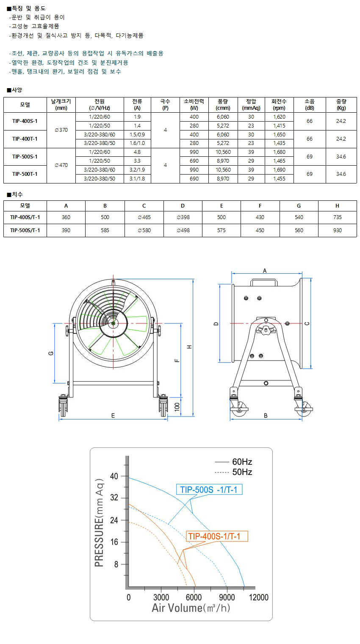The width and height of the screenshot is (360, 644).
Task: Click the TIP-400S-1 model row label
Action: [x=25, y=121]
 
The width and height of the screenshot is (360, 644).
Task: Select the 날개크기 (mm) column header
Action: [x=61, y=105]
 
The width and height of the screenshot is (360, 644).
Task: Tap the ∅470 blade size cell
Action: [x=61, y=165]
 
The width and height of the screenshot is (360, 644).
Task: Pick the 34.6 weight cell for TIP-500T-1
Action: [x=341, y=174]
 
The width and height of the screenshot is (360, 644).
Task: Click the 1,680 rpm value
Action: [x=279, y=152]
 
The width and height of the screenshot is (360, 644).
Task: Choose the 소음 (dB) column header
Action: [x=310, y=105]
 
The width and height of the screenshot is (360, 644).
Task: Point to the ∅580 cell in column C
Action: [x=144, y=230]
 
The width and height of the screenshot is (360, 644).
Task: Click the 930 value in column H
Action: [x=337, y=230]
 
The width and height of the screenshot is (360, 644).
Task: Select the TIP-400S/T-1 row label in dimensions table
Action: [x=25, y=217]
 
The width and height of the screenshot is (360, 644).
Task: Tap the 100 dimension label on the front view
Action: [x=177, y=407]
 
